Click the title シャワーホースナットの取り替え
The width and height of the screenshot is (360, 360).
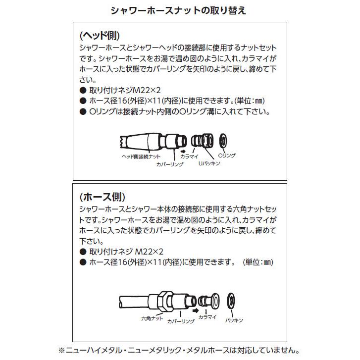coord(179,10)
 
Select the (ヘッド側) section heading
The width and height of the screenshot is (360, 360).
coord(100,36)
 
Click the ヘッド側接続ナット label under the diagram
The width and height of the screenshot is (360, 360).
coord(140,155)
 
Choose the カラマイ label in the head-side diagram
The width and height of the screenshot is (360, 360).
coord(190,155)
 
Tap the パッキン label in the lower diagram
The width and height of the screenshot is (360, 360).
coord(234,321)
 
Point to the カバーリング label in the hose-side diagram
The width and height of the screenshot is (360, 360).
coord(181,321)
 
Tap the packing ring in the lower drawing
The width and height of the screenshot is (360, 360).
coord(231,300)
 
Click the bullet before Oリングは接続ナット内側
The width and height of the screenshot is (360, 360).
coord(83,112)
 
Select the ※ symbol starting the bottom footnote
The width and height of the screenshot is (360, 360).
coord(62,350)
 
